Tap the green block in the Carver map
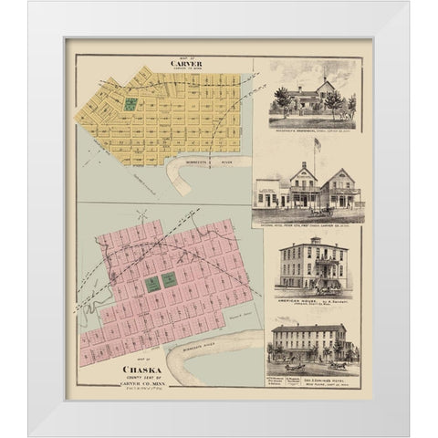pos(131,105)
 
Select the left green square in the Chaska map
pos(151,284)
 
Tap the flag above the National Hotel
pos(318,142)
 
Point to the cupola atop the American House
pos(313,240)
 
